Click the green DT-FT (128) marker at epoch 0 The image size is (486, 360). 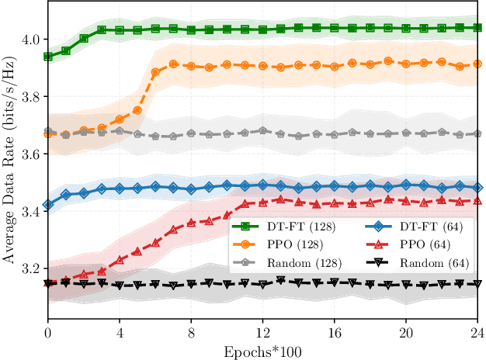(x=48, y=57)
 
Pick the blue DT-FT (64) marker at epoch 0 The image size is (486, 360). (x=48, y=205)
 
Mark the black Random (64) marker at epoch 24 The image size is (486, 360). (x=477, y=284)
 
